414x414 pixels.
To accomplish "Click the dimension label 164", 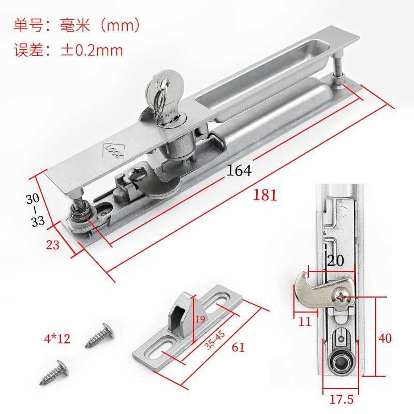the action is (x=239, y=170).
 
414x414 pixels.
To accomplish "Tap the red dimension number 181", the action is (x=265, y=195).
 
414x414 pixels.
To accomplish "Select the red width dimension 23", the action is (x=53, y=245).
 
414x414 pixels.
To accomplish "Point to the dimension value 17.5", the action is (x=342, y=399).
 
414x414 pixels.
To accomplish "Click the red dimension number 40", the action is (x=385, y=338).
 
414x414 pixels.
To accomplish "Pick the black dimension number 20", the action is (x=335, y=260).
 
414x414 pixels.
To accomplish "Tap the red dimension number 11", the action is (x=305, y=321).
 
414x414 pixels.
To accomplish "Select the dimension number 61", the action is (x=238, y=347).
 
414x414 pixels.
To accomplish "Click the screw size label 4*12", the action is (x=57, y=338).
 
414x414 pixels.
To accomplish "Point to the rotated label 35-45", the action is (x=215, y=340).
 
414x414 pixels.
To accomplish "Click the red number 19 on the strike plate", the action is (x=200, y=319).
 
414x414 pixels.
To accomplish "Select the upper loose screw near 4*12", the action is (x=100, y=335).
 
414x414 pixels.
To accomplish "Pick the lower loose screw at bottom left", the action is (x=55, y=372).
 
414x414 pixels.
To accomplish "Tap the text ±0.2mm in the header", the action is (x=92, y=50).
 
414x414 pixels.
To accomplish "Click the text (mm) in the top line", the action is (x=120, y=25).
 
